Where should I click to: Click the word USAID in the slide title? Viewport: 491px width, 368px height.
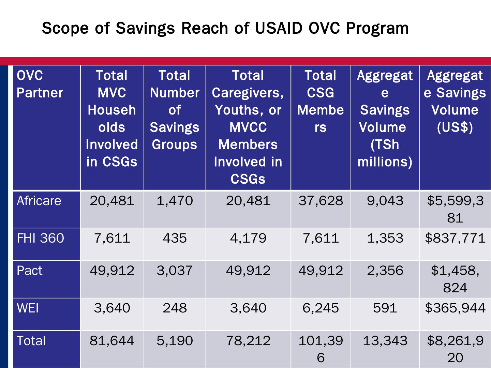(x=279, y=28)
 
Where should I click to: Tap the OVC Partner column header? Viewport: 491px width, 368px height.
(x=40, y=84)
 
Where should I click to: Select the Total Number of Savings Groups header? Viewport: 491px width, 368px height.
(x=175, y=110)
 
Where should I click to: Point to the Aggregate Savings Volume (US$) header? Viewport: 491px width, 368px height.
(x=455, y=102)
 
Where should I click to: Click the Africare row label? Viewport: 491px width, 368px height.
(x=39, y=201)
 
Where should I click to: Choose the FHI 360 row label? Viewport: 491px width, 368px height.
(x=40, y=238)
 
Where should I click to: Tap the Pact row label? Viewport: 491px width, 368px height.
(x=30, y=271)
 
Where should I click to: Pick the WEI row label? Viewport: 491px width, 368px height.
(x=28, y=308)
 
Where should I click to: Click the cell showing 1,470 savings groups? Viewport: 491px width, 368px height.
(x=175, y=201)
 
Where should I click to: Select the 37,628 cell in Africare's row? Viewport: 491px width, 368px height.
(x=321, y=201)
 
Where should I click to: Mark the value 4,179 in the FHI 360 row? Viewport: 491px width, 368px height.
(x=248, y=238)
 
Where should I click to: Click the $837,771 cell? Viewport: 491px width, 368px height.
(x=455, y=238)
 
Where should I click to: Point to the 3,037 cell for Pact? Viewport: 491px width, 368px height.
(x=175, y=271)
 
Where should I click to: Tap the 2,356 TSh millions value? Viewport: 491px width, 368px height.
(x=385, y=271)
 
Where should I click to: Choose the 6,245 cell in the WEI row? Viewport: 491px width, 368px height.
(x=321, y=308)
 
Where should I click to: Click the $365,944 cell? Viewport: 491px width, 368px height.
(x=455, y=308)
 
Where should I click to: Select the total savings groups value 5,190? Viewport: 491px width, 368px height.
(x=175, y=341)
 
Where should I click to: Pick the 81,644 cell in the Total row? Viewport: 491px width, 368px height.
(x=112, y=341)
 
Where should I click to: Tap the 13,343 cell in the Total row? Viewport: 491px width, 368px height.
(x=385, y=341)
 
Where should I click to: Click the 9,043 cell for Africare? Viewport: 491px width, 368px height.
(x=385, y=201)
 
